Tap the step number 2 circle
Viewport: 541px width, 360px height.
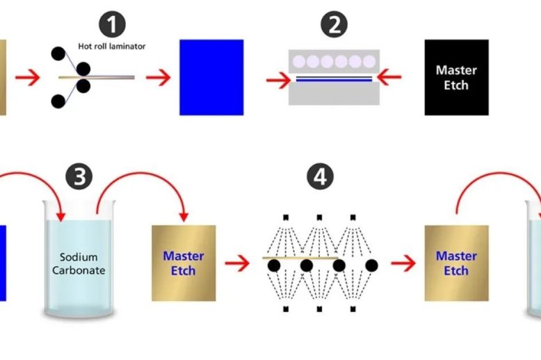point(334,26)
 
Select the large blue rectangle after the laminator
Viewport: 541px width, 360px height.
point(211,77)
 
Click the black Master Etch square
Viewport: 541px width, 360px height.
point(456,77)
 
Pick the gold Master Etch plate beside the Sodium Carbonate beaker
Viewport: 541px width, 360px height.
point(184,263)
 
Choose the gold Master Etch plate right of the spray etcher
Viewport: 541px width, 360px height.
point(456,263)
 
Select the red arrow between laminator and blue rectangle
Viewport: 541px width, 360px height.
point(159,76)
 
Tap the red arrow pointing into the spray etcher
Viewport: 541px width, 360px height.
point(237,263)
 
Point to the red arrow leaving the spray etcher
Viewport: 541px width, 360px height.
point(402,263)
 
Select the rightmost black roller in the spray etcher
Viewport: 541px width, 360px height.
point(371,265)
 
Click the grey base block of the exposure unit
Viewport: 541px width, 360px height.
point(334,94)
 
